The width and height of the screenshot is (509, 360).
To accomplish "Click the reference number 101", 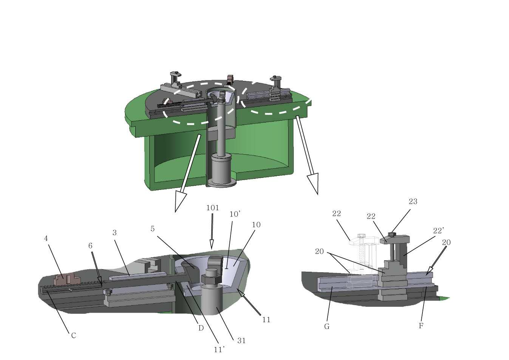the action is pyautogui.click(x=212, y=208).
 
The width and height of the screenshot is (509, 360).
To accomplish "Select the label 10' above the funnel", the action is pyautogui.click(x=235, y=214).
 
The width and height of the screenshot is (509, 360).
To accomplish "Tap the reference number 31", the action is pyautogui.click(x=241, y=341).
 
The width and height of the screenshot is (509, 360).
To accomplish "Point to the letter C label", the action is pyautogui.click(x=73, y=336).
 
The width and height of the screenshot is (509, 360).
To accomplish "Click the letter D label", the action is pyautogui.click(x=201, y=328).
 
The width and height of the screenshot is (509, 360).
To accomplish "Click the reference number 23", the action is pyautogui.click(x=413, y=202).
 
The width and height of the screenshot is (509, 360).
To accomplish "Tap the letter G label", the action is pyautogui.click(x=327, y=327).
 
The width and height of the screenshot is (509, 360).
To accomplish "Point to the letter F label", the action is pyautogui.click(x=421, y=326).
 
